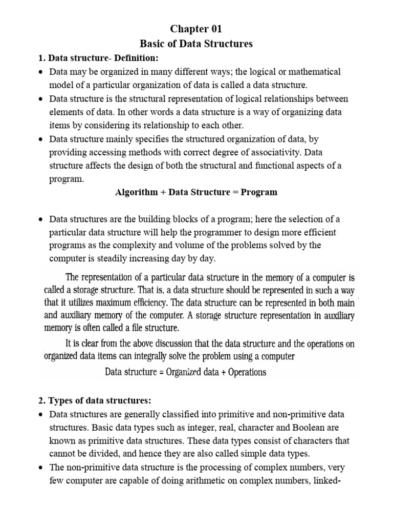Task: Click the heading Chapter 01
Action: tap(197, 29)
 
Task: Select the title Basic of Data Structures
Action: tap(197, 44)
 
